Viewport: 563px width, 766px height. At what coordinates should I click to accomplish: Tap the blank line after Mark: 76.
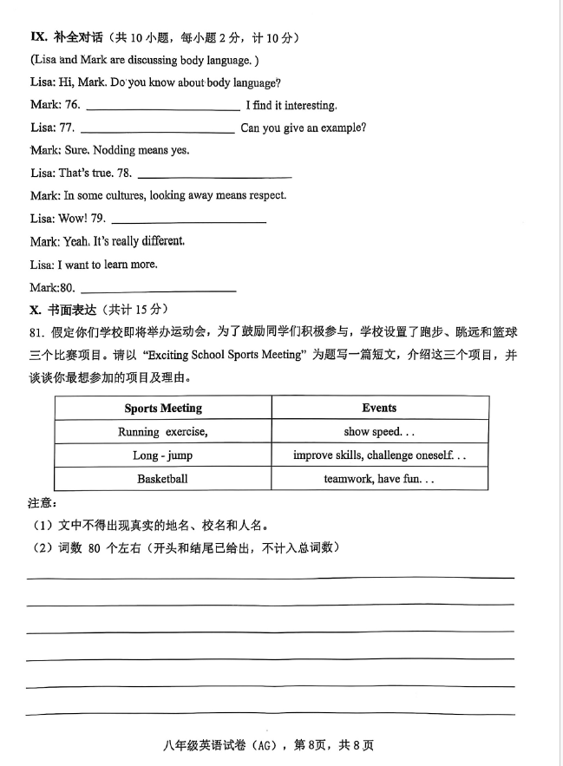[x=163, y=109]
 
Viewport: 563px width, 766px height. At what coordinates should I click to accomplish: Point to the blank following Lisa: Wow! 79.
[x=188, y=222]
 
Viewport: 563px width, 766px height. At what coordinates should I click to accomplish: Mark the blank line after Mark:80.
[x=157, y=291]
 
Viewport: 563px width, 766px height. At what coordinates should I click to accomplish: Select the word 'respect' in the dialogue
[x=267, y=195]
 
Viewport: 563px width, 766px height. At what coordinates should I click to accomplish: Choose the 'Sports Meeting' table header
[x=163, y=408]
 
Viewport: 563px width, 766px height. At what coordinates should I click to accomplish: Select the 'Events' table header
[x=379, y=408]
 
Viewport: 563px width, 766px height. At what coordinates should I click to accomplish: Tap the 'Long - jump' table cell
[x=163, y=455]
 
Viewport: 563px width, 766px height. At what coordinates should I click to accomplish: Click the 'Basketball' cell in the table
[x=162, y=479]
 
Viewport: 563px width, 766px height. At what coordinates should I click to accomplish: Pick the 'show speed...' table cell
[x=379, y=431]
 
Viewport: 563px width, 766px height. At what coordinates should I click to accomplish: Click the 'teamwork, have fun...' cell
[x=379, y=479]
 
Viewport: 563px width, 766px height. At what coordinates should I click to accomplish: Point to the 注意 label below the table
[x=43, y=503]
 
